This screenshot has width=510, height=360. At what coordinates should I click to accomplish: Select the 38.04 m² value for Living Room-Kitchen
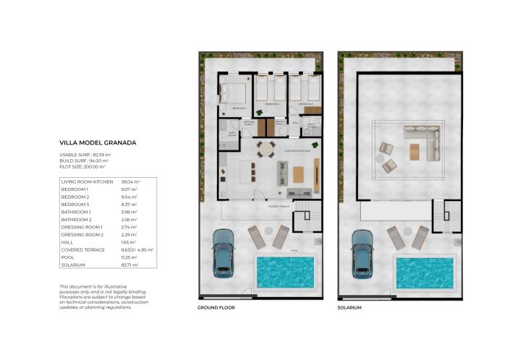(132, 181)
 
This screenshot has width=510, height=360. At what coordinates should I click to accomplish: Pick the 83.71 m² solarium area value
(131, 265)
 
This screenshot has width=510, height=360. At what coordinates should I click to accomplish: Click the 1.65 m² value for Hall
(129, 242)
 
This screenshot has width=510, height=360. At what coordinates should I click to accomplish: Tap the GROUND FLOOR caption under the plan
(216, 307)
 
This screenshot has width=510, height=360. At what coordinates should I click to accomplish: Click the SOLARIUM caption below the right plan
(349, 307)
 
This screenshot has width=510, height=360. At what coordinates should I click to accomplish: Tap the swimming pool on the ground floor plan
(286, 271)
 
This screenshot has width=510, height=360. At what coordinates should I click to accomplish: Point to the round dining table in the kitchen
(266, 150)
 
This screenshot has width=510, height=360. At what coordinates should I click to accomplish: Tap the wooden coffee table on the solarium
(414, 152)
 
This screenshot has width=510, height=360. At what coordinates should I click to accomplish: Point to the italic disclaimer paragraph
(95, 297)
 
